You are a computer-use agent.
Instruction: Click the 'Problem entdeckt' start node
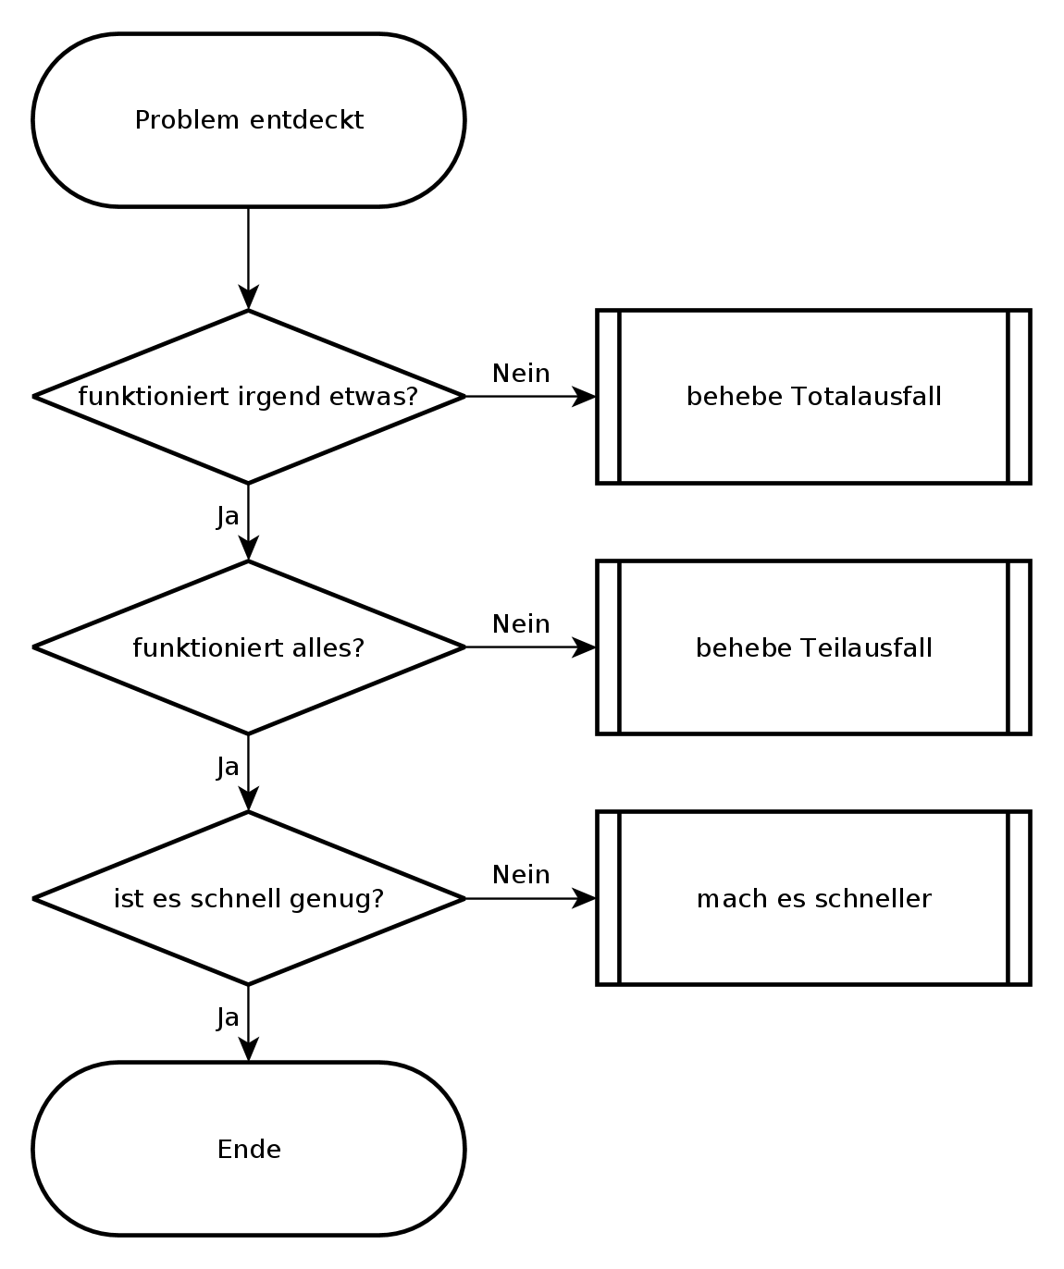248,120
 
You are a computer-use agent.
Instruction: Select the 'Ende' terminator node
248,1149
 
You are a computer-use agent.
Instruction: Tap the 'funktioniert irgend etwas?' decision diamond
248,396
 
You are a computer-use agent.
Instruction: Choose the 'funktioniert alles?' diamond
248,647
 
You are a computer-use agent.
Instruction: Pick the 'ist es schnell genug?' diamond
248,898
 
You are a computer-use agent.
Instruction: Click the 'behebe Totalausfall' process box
813,396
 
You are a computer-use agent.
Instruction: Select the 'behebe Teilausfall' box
813,647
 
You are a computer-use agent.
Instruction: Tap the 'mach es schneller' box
813,898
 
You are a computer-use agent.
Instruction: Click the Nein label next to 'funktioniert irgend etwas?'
521,374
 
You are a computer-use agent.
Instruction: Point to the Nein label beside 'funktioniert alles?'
521,624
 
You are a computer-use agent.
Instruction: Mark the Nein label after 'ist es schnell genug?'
521,875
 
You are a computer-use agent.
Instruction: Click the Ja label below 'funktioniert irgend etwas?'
228,516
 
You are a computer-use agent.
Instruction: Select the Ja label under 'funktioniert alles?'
228,767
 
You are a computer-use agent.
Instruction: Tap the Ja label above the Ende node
228,1017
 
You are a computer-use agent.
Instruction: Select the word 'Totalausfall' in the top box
867,396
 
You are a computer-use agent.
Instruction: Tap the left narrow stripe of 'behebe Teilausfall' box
608,647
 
